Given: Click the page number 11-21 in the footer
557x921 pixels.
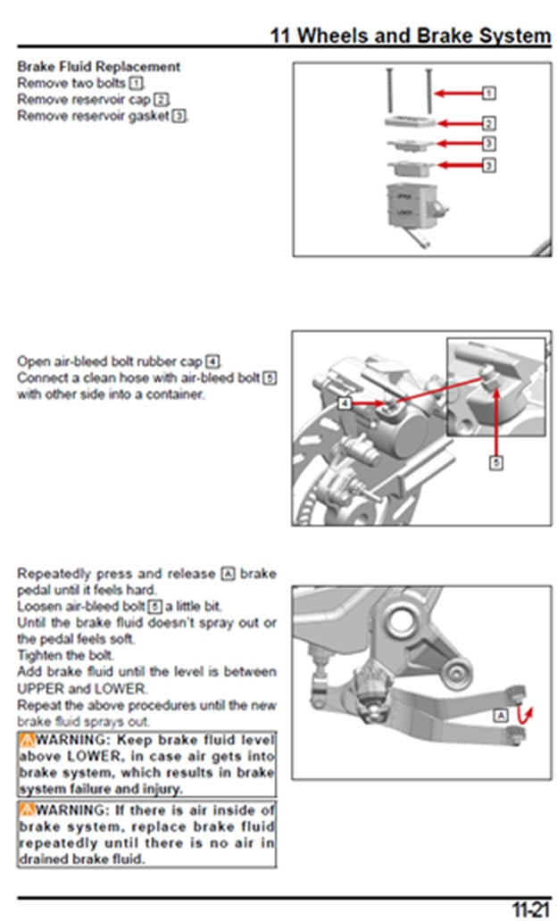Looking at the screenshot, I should (x=529, y=908).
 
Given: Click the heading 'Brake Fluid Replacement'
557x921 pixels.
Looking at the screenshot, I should (x=98, y=66).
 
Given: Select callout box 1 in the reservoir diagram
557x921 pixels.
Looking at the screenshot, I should (x=489, y=92).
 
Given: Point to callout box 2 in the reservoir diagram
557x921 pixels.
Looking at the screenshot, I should (x=489, y=123).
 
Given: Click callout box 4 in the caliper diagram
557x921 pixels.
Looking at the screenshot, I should (x=345, y=403).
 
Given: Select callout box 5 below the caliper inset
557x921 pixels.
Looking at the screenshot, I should (x=496, y=462).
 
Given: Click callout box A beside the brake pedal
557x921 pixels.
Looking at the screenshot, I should (x=501, y=716).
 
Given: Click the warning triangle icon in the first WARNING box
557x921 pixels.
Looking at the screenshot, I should (x=27, y=740).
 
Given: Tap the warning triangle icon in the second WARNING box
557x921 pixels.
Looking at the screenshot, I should (x=27, y=810).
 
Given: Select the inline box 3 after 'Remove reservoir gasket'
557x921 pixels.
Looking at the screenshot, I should (x=179, y=116).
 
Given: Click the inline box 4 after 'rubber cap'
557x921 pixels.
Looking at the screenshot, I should (x=212, y=361).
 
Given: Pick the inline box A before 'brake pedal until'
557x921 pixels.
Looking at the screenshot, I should (x=229, y=573).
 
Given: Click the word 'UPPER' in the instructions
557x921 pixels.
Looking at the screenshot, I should (x=39, y=689).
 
